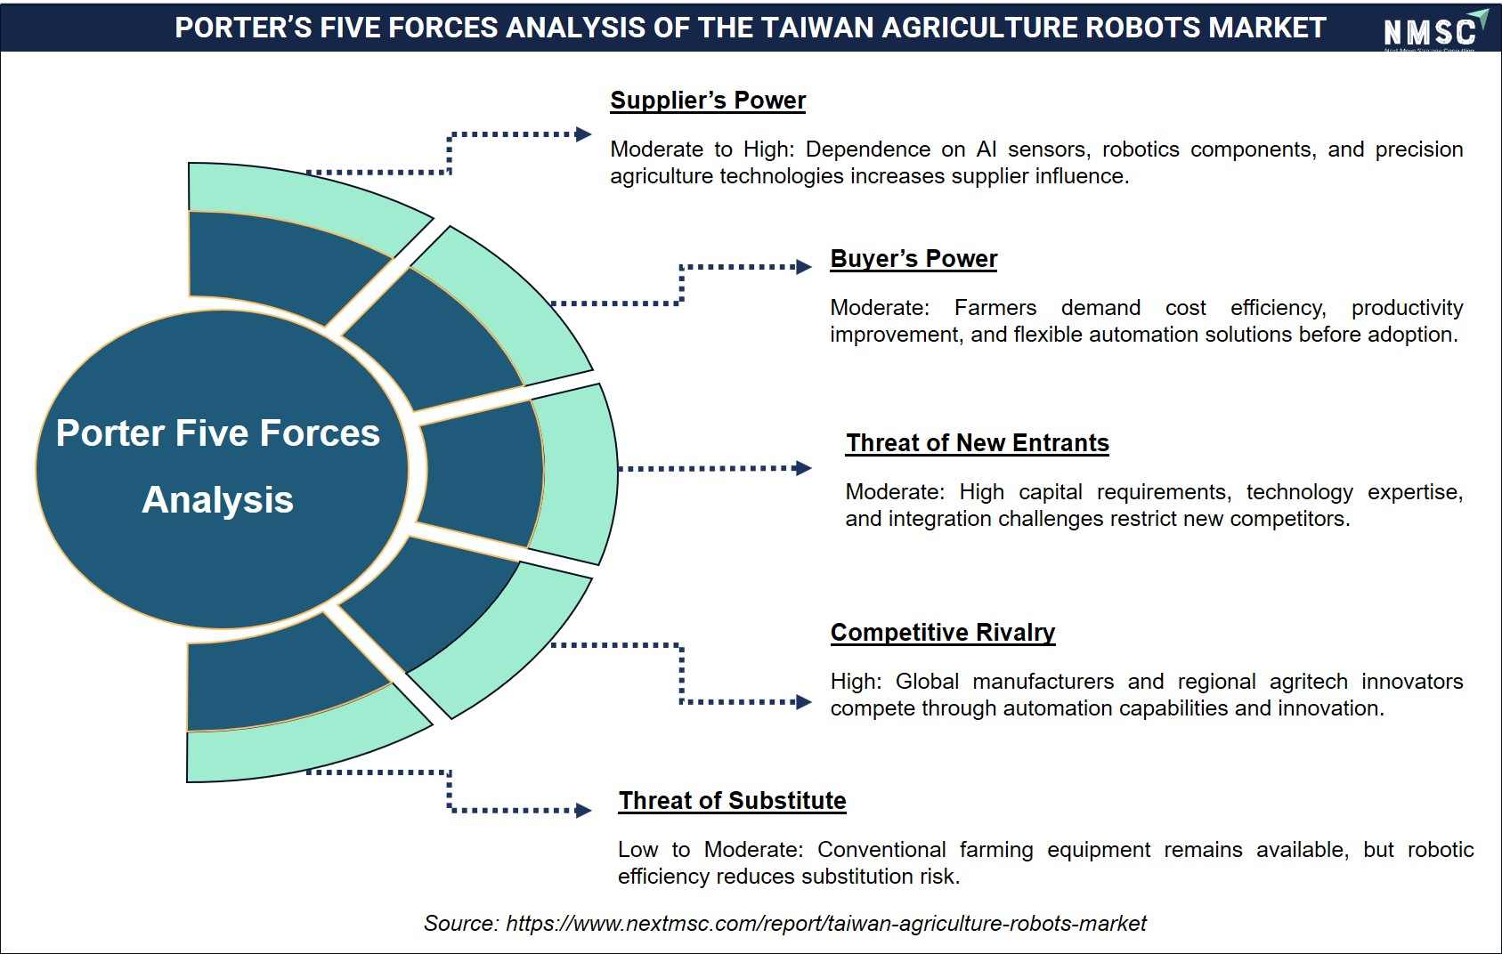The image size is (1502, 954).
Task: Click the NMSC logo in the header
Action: (1434, 29)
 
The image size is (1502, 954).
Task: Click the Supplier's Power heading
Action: (708, 101)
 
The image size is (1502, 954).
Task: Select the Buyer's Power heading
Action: (913, 259)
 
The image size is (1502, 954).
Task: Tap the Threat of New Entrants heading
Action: (977, 443)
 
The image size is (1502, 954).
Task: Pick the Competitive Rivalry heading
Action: (943, 633)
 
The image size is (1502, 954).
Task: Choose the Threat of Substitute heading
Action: (732, 800)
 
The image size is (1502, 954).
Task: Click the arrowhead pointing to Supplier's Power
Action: (583, 134)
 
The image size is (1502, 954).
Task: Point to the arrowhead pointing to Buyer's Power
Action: (804, 267)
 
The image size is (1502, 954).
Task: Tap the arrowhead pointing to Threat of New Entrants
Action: (803, 468)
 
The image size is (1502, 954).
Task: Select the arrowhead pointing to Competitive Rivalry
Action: (804, 702)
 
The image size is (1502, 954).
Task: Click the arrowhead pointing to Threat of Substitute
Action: (583, 811)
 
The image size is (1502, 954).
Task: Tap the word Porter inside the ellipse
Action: (110, 433)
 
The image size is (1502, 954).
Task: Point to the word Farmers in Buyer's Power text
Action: (995, 308)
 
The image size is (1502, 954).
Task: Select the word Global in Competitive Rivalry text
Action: (927, 682)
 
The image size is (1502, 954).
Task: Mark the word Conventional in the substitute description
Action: (881, 850)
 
